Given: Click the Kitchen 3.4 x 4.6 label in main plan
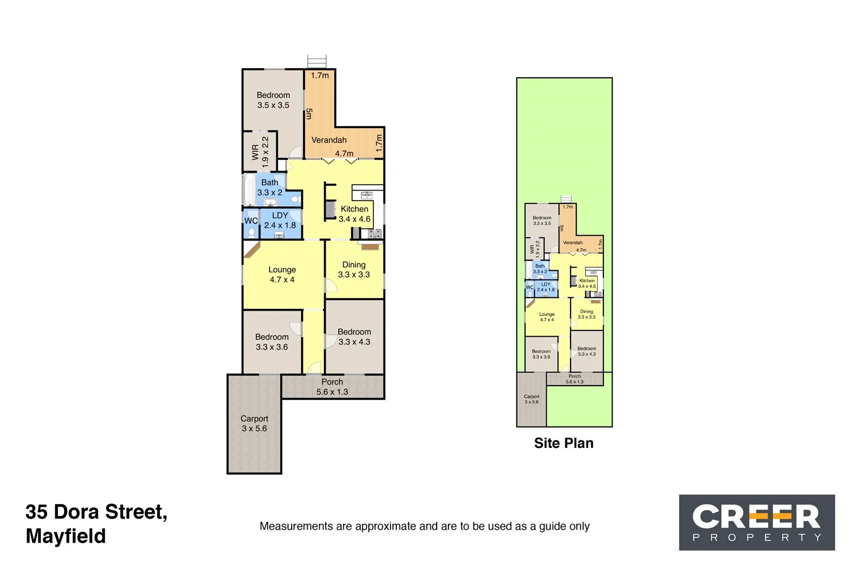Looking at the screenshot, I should [354, 214].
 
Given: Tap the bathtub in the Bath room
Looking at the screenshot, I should [249, 190].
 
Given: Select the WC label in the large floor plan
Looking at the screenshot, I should [251, 221].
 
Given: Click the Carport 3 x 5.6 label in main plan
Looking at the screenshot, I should [254, 423].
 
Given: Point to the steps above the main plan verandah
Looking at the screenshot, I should [317, 61].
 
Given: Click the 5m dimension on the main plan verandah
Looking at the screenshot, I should [309, 113].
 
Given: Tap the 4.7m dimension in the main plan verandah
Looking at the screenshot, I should [344, 153].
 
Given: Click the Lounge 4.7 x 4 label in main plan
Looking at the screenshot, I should [282, 274].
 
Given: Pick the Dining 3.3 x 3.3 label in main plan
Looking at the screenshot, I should [354, 269].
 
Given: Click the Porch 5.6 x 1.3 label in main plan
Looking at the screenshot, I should [332, 387].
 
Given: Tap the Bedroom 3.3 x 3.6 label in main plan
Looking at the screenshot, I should [271, 341].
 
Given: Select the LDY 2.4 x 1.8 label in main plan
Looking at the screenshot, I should [280, 220].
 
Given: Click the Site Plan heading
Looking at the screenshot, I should [564, 443].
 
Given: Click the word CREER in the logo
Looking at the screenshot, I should [756, 516].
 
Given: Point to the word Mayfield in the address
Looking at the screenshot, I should [65, 536].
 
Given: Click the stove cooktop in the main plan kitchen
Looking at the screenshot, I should [375, 233].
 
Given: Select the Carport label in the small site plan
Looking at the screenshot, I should [531, 399].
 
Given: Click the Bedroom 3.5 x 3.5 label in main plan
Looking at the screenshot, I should [273, 100].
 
